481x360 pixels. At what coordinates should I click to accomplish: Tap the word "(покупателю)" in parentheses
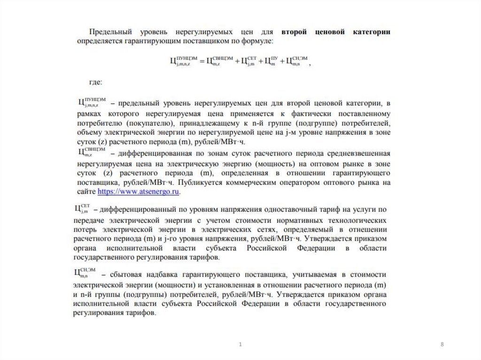click(x=155, y=123)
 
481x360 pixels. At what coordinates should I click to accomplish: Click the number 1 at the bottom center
click(x=240, y=345)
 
